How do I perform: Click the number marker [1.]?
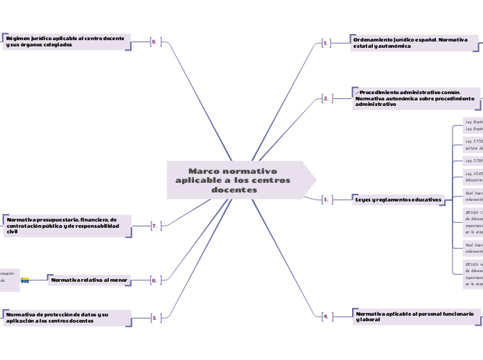pos(326,43)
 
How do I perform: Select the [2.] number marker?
pos(326,99)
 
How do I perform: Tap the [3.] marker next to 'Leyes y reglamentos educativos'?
pos(326,199)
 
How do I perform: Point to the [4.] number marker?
pos(326,316)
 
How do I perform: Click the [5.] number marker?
pos(155,318)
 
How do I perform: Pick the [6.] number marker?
pos(155,280)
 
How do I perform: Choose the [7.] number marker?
pos(155,226)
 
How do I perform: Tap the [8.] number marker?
pos(155,42)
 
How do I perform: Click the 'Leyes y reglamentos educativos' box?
pos(397,199)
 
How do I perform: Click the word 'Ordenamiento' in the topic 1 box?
pos(373,39)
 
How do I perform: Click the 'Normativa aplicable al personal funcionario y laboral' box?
pos(414,316)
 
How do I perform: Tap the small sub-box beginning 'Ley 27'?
pos(473,143)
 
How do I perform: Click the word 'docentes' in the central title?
pos(234,190)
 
